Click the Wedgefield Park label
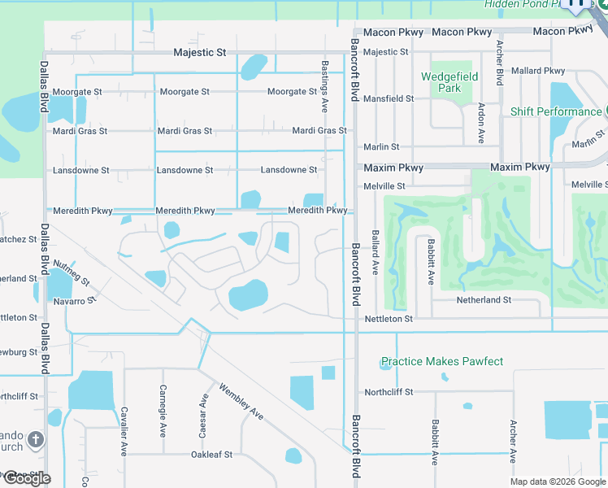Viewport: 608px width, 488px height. pos(449,82)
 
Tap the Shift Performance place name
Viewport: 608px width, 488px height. pos(556,111)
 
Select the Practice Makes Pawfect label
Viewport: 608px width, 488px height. pos(442,361)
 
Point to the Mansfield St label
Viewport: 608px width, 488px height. pos(388,98)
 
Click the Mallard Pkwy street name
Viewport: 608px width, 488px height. pos(539,71)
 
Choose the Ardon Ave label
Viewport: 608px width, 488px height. pos(481,123)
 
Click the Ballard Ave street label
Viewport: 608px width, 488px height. pos(376,251)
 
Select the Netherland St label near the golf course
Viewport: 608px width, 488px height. pos(483,299)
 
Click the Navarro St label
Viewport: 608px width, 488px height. pos(75,299)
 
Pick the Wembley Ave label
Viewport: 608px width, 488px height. pos(241,402)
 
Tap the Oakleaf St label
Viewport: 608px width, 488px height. pos(211,455)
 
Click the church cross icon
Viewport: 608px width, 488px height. pos(35,440)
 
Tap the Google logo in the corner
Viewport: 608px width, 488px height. pos(26,477)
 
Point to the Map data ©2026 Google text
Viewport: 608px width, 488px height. pos(558,481)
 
